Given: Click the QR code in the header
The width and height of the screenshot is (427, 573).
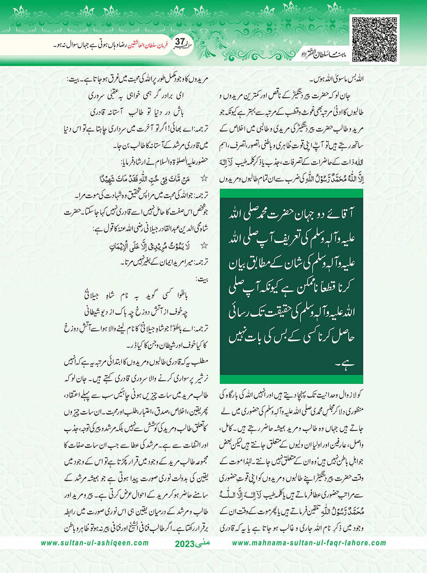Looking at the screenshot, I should pyautogui.click(x=375, y=39).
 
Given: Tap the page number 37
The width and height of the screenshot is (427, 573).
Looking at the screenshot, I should pyautogui.click(x=180, y=42).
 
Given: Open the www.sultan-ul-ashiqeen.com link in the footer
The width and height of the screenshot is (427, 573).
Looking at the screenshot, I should pyautogui.click(x=95, y=543).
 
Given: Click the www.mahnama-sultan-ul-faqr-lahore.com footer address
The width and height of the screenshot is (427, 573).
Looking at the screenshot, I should pyautogui.click(x=309, y=543).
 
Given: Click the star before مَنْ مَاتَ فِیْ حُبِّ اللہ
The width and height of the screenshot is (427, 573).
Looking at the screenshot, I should pyautogui.click(x=204, y=179).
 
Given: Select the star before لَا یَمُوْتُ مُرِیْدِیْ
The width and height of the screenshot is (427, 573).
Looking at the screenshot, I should pyautogui.click(x=204, y=246).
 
